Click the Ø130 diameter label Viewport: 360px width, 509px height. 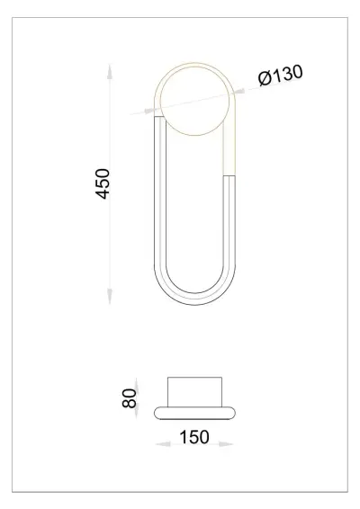pyautogui.click(x=280, y=76)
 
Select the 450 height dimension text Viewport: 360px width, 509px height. pyautogui.click(x=103, y=184)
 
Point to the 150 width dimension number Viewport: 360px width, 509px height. pyautogui.click(x=194, y=438)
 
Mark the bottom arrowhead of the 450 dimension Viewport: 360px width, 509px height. pyautogui.click(x=111, y=301)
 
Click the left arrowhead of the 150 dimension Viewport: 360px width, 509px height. pyautogui.click(x=159, y=443)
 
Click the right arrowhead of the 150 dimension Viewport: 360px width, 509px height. pyautogui.click(x=229, y=443)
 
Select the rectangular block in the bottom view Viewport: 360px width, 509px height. pyautogui.click(x=195, y=392)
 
